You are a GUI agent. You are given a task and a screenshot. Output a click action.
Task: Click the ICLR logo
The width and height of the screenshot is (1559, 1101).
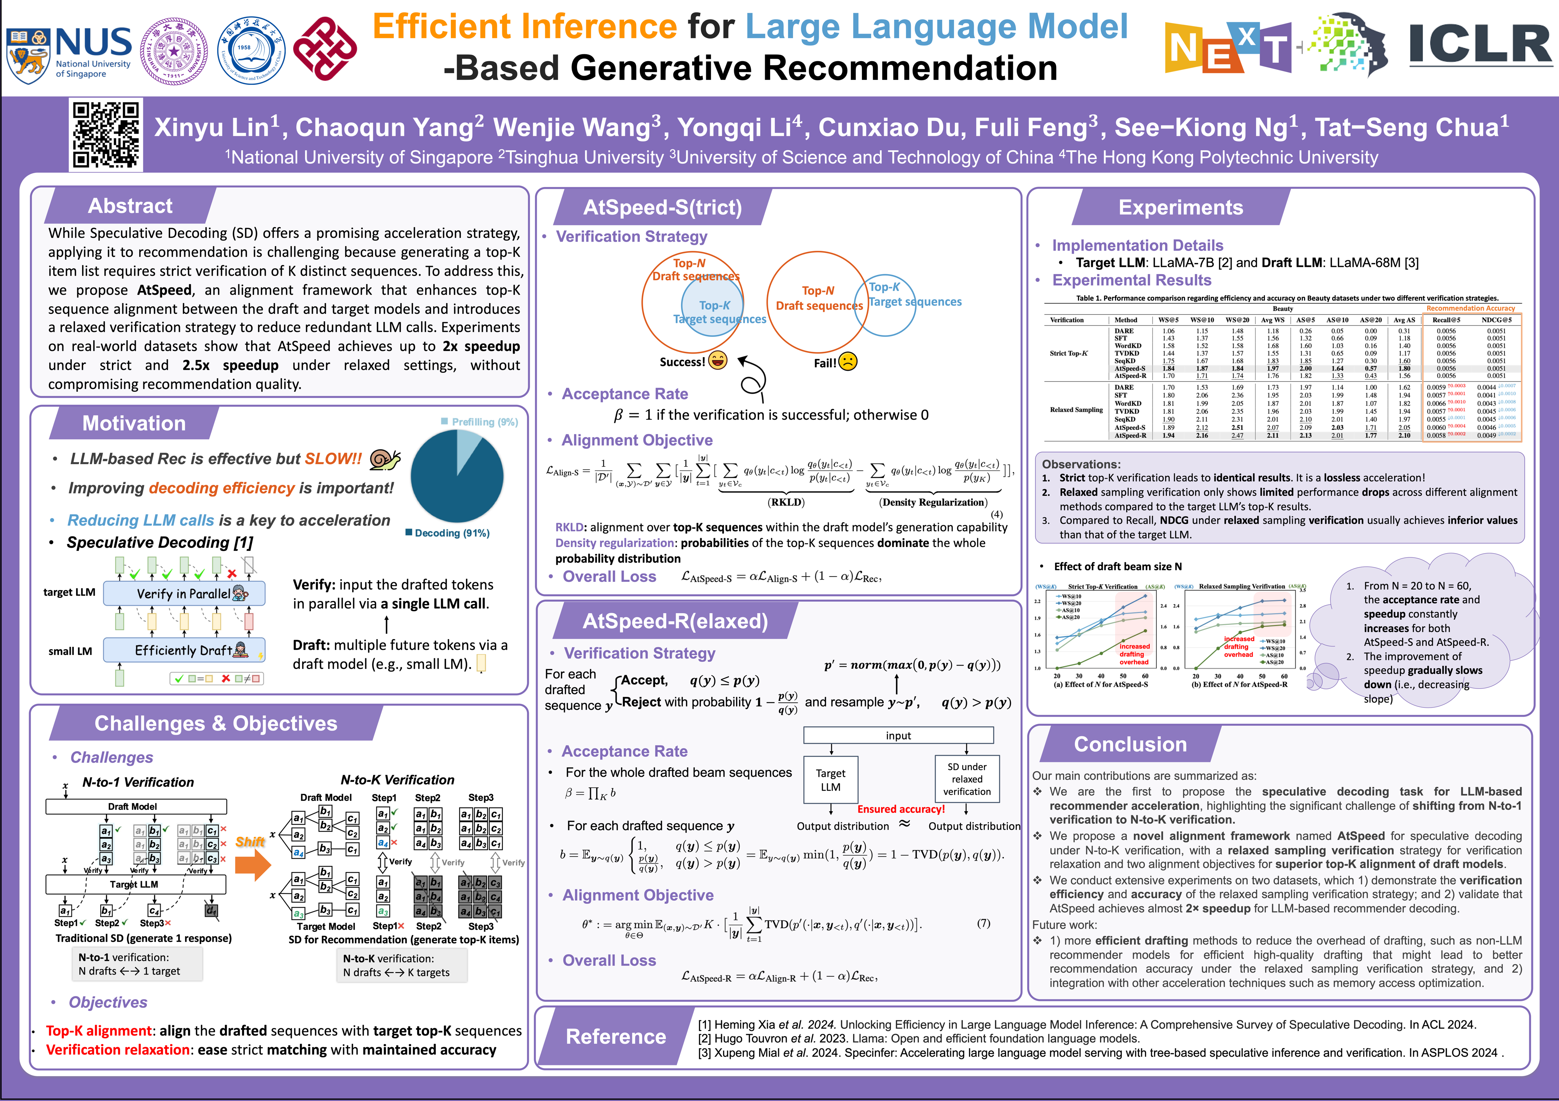(1480, 46)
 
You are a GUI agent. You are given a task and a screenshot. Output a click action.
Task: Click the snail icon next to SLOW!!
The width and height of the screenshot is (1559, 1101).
(385, 460)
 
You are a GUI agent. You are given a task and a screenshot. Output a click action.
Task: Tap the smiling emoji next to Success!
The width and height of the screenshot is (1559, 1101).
(718, 361)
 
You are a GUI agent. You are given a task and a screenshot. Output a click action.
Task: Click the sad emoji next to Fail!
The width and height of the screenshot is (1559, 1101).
(847, 362)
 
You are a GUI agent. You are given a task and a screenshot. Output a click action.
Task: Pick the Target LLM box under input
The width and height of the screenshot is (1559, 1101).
(831, 780)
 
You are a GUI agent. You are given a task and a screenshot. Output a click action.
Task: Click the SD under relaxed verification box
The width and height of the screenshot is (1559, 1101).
(966, 779)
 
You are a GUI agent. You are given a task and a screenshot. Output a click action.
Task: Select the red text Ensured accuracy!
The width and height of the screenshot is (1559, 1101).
(901, 809)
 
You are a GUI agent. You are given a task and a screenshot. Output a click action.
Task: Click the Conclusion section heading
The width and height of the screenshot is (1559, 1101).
(1130, 745)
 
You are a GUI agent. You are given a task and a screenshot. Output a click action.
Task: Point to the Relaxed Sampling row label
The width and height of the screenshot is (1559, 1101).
(1076, 410)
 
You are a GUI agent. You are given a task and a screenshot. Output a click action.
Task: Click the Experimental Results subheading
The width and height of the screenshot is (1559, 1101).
(1131, 280)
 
